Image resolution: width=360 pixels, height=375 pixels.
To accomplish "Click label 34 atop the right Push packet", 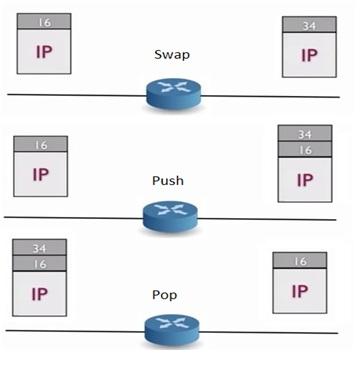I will coord(304,134).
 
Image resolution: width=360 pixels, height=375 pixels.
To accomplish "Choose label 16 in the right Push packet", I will coord(304,150).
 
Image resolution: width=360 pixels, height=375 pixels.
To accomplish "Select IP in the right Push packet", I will coord(304,179).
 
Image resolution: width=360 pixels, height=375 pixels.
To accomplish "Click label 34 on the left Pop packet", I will coord(41,247).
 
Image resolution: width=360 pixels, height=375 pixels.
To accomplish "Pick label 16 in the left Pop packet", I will coord(41,263).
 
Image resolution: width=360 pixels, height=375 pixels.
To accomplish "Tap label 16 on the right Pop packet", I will coord(299,260).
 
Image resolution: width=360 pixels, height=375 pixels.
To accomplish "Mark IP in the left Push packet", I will coord(39,173).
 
